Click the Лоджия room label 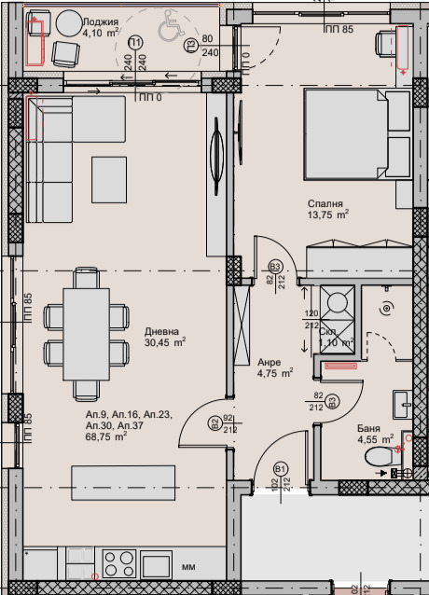coord(100,21)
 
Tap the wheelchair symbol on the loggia coord(168,29)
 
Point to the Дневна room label coord(162,330)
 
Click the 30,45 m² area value coord(164,341)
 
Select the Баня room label coord(368,429)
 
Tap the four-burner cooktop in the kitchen coord(119,564)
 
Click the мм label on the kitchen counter coord(187,565)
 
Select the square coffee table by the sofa coord(108,175)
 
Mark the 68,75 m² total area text coord(105,436)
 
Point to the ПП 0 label coord(149,96)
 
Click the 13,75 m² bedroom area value coord(329,214)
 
